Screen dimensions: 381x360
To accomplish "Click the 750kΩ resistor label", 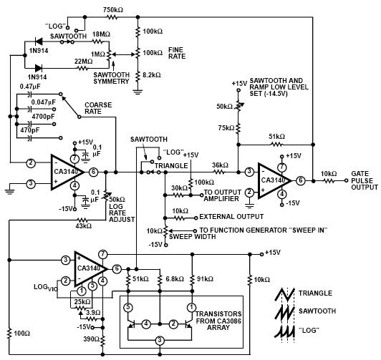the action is point(113,10).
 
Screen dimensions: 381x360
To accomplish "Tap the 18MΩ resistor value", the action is point(101,34).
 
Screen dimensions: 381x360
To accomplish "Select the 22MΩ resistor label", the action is point(83,62).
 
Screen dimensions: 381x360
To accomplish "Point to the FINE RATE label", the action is point(177,53).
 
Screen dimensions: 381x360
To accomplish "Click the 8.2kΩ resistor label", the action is point(152,75).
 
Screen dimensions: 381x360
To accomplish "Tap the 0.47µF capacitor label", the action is point(30,87).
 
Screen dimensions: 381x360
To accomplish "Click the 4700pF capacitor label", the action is point(43,117).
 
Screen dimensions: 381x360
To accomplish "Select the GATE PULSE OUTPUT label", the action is point(365,180).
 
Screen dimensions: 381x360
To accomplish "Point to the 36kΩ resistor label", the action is point(220,165).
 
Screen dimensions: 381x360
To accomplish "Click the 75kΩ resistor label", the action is point(226,127).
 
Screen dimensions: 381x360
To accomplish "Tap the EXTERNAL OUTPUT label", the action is point(231,217).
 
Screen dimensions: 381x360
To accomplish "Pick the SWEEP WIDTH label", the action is point(192,236).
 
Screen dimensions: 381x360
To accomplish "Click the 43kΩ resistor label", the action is point(84,225).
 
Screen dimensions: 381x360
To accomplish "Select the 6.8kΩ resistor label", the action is point(175,279).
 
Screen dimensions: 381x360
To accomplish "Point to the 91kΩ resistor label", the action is point(205,279).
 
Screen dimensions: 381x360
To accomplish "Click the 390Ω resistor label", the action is point(91,339).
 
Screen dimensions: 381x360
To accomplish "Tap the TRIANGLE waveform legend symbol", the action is point(285,294).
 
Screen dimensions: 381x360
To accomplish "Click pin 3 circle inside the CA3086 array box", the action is point(160,341).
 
